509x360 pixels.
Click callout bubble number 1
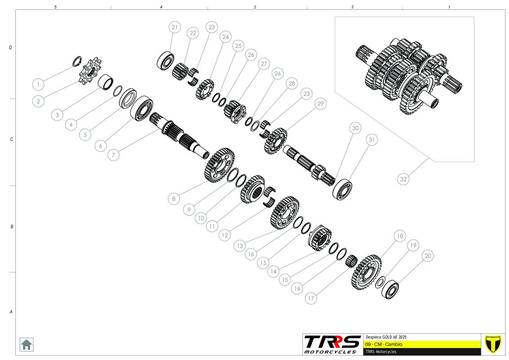click(x=39, y=85)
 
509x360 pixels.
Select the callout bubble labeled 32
click(x=403, y=179)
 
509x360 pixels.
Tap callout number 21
click(x=174, y=27)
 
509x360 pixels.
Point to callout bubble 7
click(x=113, y=155)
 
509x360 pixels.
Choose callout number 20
click(x=428, y=256)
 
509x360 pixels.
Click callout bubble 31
click(x=372, y=140)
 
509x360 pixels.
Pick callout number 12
click(x=225, y=235)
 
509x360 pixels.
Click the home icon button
click(x=26, y=345)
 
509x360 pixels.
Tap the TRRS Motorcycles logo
click(x=332, y=344)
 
